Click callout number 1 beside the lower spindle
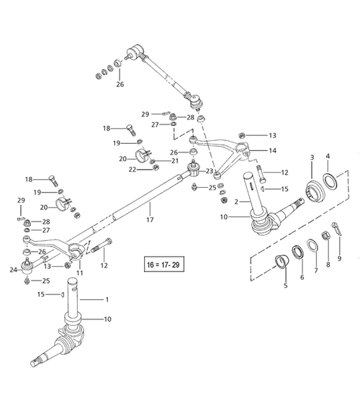pyautogui.click(x=108, y=299)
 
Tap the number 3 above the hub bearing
pyautogui.click(x=311, y=157)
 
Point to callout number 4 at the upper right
pyautogui.click(x=328, y=156)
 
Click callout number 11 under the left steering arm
pyautogui.click(x=80, y=274)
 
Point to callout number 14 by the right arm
pyautogui.click(x=272, y=152)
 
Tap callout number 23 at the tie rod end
pyautogui.click(x=210, y=171)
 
